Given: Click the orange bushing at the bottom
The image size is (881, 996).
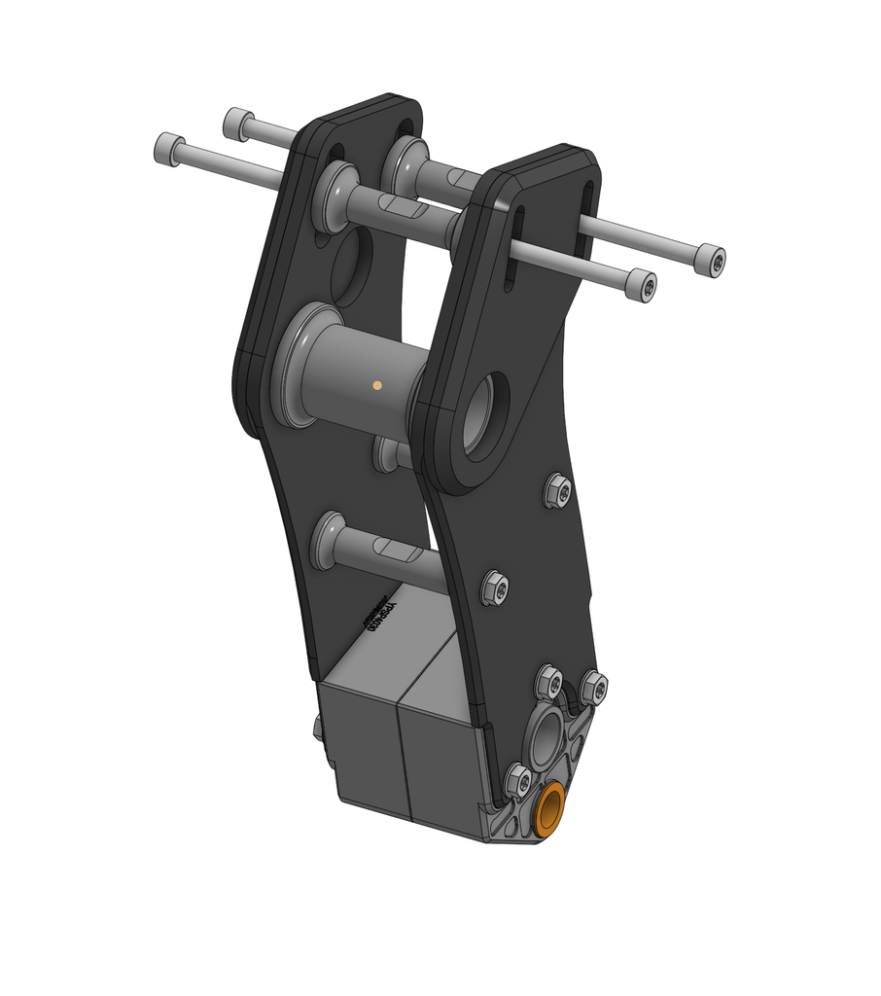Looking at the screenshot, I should pyautogui.click(x=551, y=809).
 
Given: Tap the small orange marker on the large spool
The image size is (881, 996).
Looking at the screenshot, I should pyautogui.click(x=376, y=386).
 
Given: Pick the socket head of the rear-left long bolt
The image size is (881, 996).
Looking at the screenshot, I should pyautogui.click(x=237, y=123).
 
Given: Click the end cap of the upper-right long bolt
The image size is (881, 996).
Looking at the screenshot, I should pyautogui.click(x=712, y=261).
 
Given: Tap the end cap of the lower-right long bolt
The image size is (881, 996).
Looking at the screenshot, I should pyautogui.click(x=642, y=285).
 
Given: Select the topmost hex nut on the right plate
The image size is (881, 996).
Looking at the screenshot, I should pyautogui.click(x=558, y=491).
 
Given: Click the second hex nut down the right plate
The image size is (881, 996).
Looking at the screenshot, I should pyautogui.click(x=495, y=587).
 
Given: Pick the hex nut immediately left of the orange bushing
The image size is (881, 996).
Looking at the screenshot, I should pyautogui.click(x=518, y=780).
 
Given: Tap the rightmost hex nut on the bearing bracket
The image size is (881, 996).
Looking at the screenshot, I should pyautogui.click(x=593, y=688).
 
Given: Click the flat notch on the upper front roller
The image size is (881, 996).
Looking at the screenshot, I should pyautogui.click(x=404, y=207).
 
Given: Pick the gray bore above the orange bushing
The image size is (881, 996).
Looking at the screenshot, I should pyautogui.click(x=546, y=736).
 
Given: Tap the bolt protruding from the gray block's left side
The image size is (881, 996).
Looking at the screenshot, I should pyautogui.click(x=318, y=729).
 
